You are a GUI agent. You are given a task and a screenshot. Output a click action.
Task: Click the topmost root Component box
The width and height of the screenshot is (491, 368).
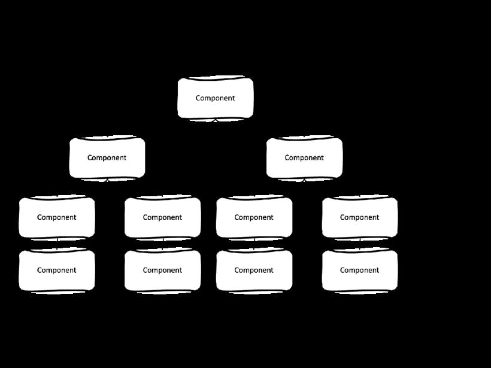pyautogui.click(x=215, y=98)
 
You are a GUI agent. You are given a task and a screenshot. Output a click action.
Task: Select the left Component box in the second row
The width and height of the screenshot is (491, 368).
pyautogui.click(x=107, y=158)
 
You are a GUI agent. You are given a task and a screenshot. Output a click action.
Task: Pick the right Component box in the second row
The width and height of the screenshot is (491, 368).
pyautogui.click(x=304, y=158)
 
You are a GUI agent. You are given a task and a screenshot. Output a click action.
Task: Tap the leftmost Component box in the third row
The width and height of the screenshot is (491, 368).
pyautogui.click(x=57, y=217)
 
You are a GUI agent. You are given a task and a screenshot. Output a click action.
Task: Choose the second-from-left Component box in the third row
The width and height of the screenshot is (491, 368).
pyautogui.click(x=162, y=217)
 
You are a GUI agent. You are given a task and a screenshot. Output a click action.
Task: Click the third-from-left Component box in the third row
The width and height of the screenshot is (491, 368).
pyautogui.click(x=254, y=217)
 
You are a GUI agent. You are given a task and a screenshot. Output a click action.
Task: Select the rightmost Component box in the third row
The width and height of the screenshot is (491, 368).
pyautogui.click(x=360, y=217)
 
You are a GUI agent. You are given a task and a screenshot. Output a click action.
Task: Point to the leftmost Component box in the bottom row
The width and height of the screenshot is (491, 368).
pyautogui.click(x=57, y=270)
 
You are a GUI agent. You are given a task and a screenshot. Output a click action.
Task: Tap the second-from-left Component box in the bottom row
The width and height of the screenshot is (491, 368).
pyautogui.click(x=162, y=270)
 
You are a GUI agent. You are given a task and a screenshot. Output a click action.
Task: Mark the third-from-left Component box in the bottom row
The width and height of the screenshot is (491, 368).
pyautogui.click(x=254, y=270)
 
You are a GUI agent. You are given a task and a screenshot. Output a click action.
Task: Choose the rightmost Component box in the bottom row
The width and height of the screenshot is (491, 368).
pyautogui.click(x=360, y=270)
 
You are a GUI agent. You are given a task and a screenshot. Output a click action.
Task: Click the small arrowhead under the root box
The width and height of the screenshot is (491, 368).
pyautogui.click(x=215, y=120)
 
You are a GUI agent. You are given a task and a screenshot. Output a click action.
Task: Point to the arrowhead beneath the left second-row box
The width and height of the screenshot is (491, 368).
pyautogui.click(x=107, y=180)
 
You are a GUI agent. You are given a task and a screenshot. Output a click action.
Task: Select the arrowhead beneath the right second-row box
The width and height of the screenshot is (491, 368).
pyautogui.click(x=304, y=180)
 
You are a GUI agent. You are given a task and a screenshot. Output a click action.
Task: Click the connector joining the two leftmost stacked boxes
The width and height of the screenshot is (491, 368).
pyautogui.click(x=57, y=244)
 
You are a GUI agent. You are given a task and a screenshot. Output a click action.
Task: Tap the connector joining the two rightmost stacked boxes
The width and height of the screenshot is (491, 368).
pyautogui.click(x=360, y=244)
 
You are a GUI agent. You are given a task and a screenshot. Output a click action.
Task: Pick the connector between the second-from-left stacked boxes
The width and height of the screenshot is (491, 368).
pyautogui.click(x=163, y=244)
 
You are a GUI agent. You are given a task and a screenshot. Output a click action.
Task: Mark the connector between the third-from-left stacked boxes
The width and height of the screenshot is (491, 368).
pyautogui.click(x=254, y=244)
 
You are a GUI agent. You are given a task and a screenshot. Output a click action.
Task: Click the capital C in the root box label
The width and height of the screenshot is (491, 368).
pyautogui.click(x=198, y=98)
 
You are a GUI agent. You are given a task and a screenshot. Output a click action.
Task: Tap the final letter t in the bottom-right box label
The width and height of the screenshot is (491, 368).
pyautogui.click(x=378, y=270)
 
